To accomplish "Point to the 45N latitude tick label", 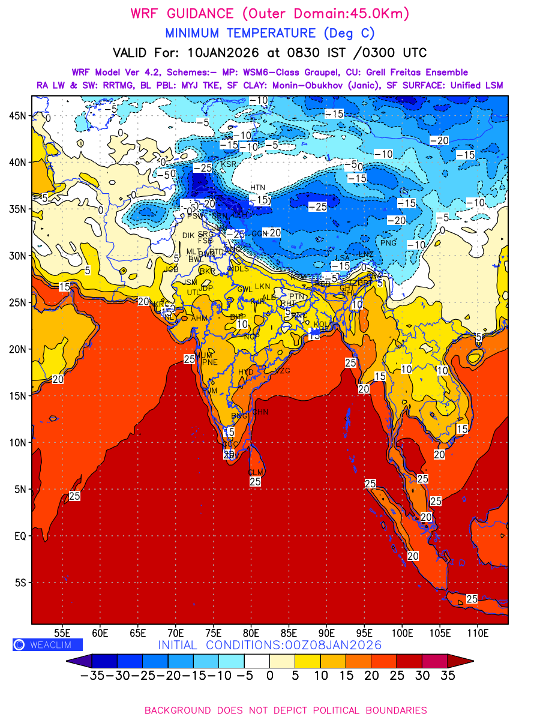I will click(x=20, y=115).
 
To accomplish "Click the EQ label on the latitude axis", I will click(x=20, y=536).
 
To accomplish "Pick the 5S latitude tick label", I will click(x=22, y=583).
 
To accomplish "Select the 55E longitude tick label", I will click(x=62, y=632).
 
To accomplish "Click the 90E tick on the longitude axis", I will click(x=327, y=632).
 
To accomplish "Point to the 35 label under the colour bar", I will click(x=448, y=676).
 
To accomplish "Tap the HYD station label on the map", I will click(x=246, y=372).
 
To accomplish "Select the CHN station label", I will click(x=260, y=412).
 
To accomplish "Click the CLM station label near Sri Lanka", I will click(x=256, y=473).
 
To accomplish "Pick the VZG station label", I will click(x=282, y=371).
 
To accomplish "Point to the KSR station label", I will click(x=229, y=164).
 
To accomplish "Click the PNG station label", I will click(x=389, y=243).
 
